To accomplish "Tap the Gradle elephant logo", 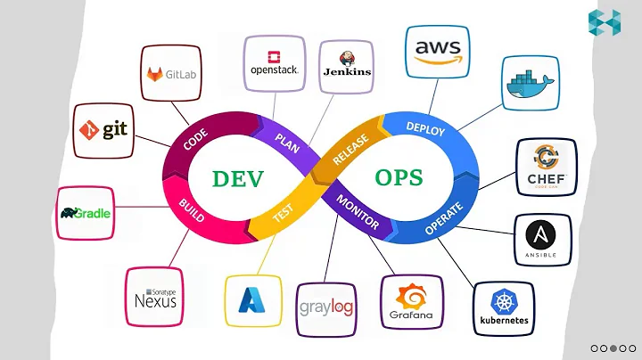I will coord(85,213).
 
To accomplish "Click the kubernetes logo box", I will coord(504,307).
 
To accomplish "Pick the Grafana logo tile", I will coord(412,303).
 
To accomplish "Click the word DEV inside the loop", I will coord(238,178).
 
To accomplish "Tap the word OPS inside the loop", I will coord(399,177).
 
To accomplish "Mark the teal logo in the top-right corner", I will coord(604,21).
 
